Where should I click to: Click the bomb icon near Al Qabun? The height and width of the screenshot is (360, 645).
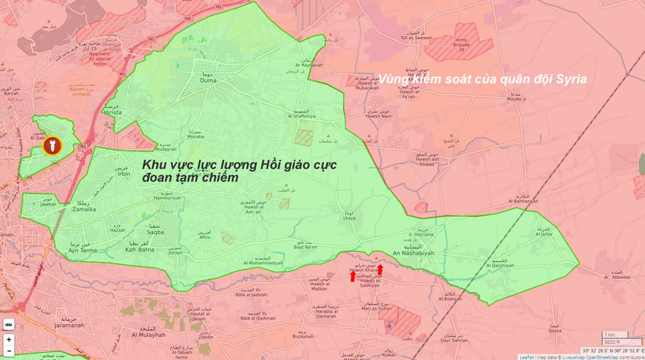coord(52,147)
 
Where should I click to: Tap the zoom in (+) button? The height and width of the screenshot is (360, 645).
coord(9,339)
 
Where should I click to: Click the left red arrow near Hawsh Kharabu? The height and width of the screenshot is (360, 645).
coord(353,276)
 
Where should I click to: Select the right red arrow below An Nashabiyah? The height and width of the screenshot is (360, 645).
coord(380,270)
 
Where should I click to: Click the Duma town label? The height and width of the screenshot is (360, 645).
coord(208,80)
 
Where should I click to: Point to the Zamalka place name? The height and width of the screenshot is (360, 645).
coord(84,209)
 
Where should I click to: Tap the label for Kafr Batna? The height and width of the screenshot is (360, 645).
coord(140,249)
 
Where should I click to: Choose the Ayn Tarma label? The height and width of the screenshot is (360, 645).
coord(84,250)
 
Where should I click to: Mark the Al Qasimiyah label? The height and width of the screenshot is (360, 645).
coord(499,266)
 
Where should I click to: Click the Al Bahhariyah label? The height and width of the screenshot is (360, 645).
coord(523,201)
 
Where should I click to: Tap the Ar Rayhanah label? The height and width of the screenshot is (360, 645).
coord(309,65)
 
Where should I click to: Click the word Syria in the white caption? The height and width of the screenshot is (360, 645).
coord(571,79)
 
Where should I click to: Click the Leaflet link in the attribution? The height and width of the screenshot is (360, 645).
coord(526,357)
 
